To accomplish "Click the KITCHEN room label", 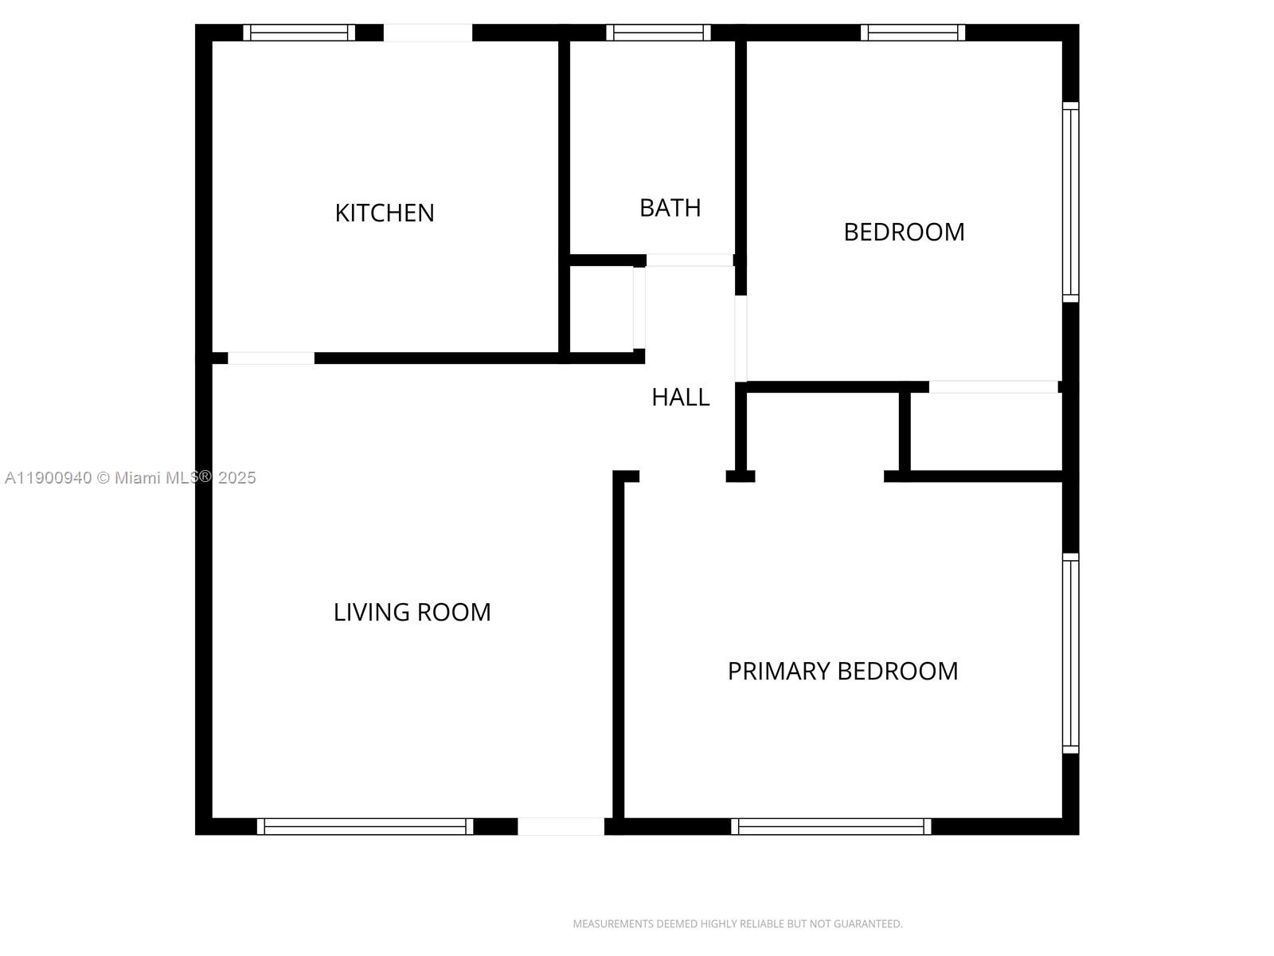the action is tap(385, 213).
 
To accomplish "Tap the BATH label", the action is tap(670, 208).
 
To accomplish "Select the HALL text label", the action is tap(680, 397).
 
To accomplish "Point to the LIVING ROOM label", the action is tap(412, 613).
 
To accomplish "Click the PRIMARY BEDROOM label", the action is tap(842, 671).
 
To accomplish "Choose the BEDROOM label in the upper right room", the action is tap(904, 232).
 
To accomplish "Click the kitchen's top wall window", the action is tap(299, 33).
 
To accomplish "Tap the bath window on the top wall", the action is tap(658, 33).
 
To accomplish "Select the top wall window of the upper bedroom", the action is tap(913, 33).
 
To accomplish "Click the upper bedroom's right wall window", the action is tap(1070, 202).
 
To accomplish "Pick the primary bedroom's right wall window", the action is tap(1070, 653).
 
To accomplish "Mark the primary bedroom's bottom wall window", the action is tap(830, 827).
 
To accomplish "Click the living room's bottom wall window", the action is tap(365, 827).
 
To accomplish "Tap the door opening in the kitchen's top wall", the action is tap(428, 33).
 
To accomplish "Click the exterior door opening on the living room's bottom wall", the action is tap(561, 827).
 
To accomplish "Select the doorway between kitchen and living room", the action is tap(271, 358).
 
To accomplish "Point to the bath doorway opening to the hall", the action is tap(690, 260).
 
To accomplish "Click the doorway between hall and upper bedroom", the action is tap(741, 339).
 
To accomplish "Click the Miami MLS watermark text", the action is tap(130, 478).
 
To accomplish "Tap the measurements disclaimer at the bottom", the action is tap(737, 923).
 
